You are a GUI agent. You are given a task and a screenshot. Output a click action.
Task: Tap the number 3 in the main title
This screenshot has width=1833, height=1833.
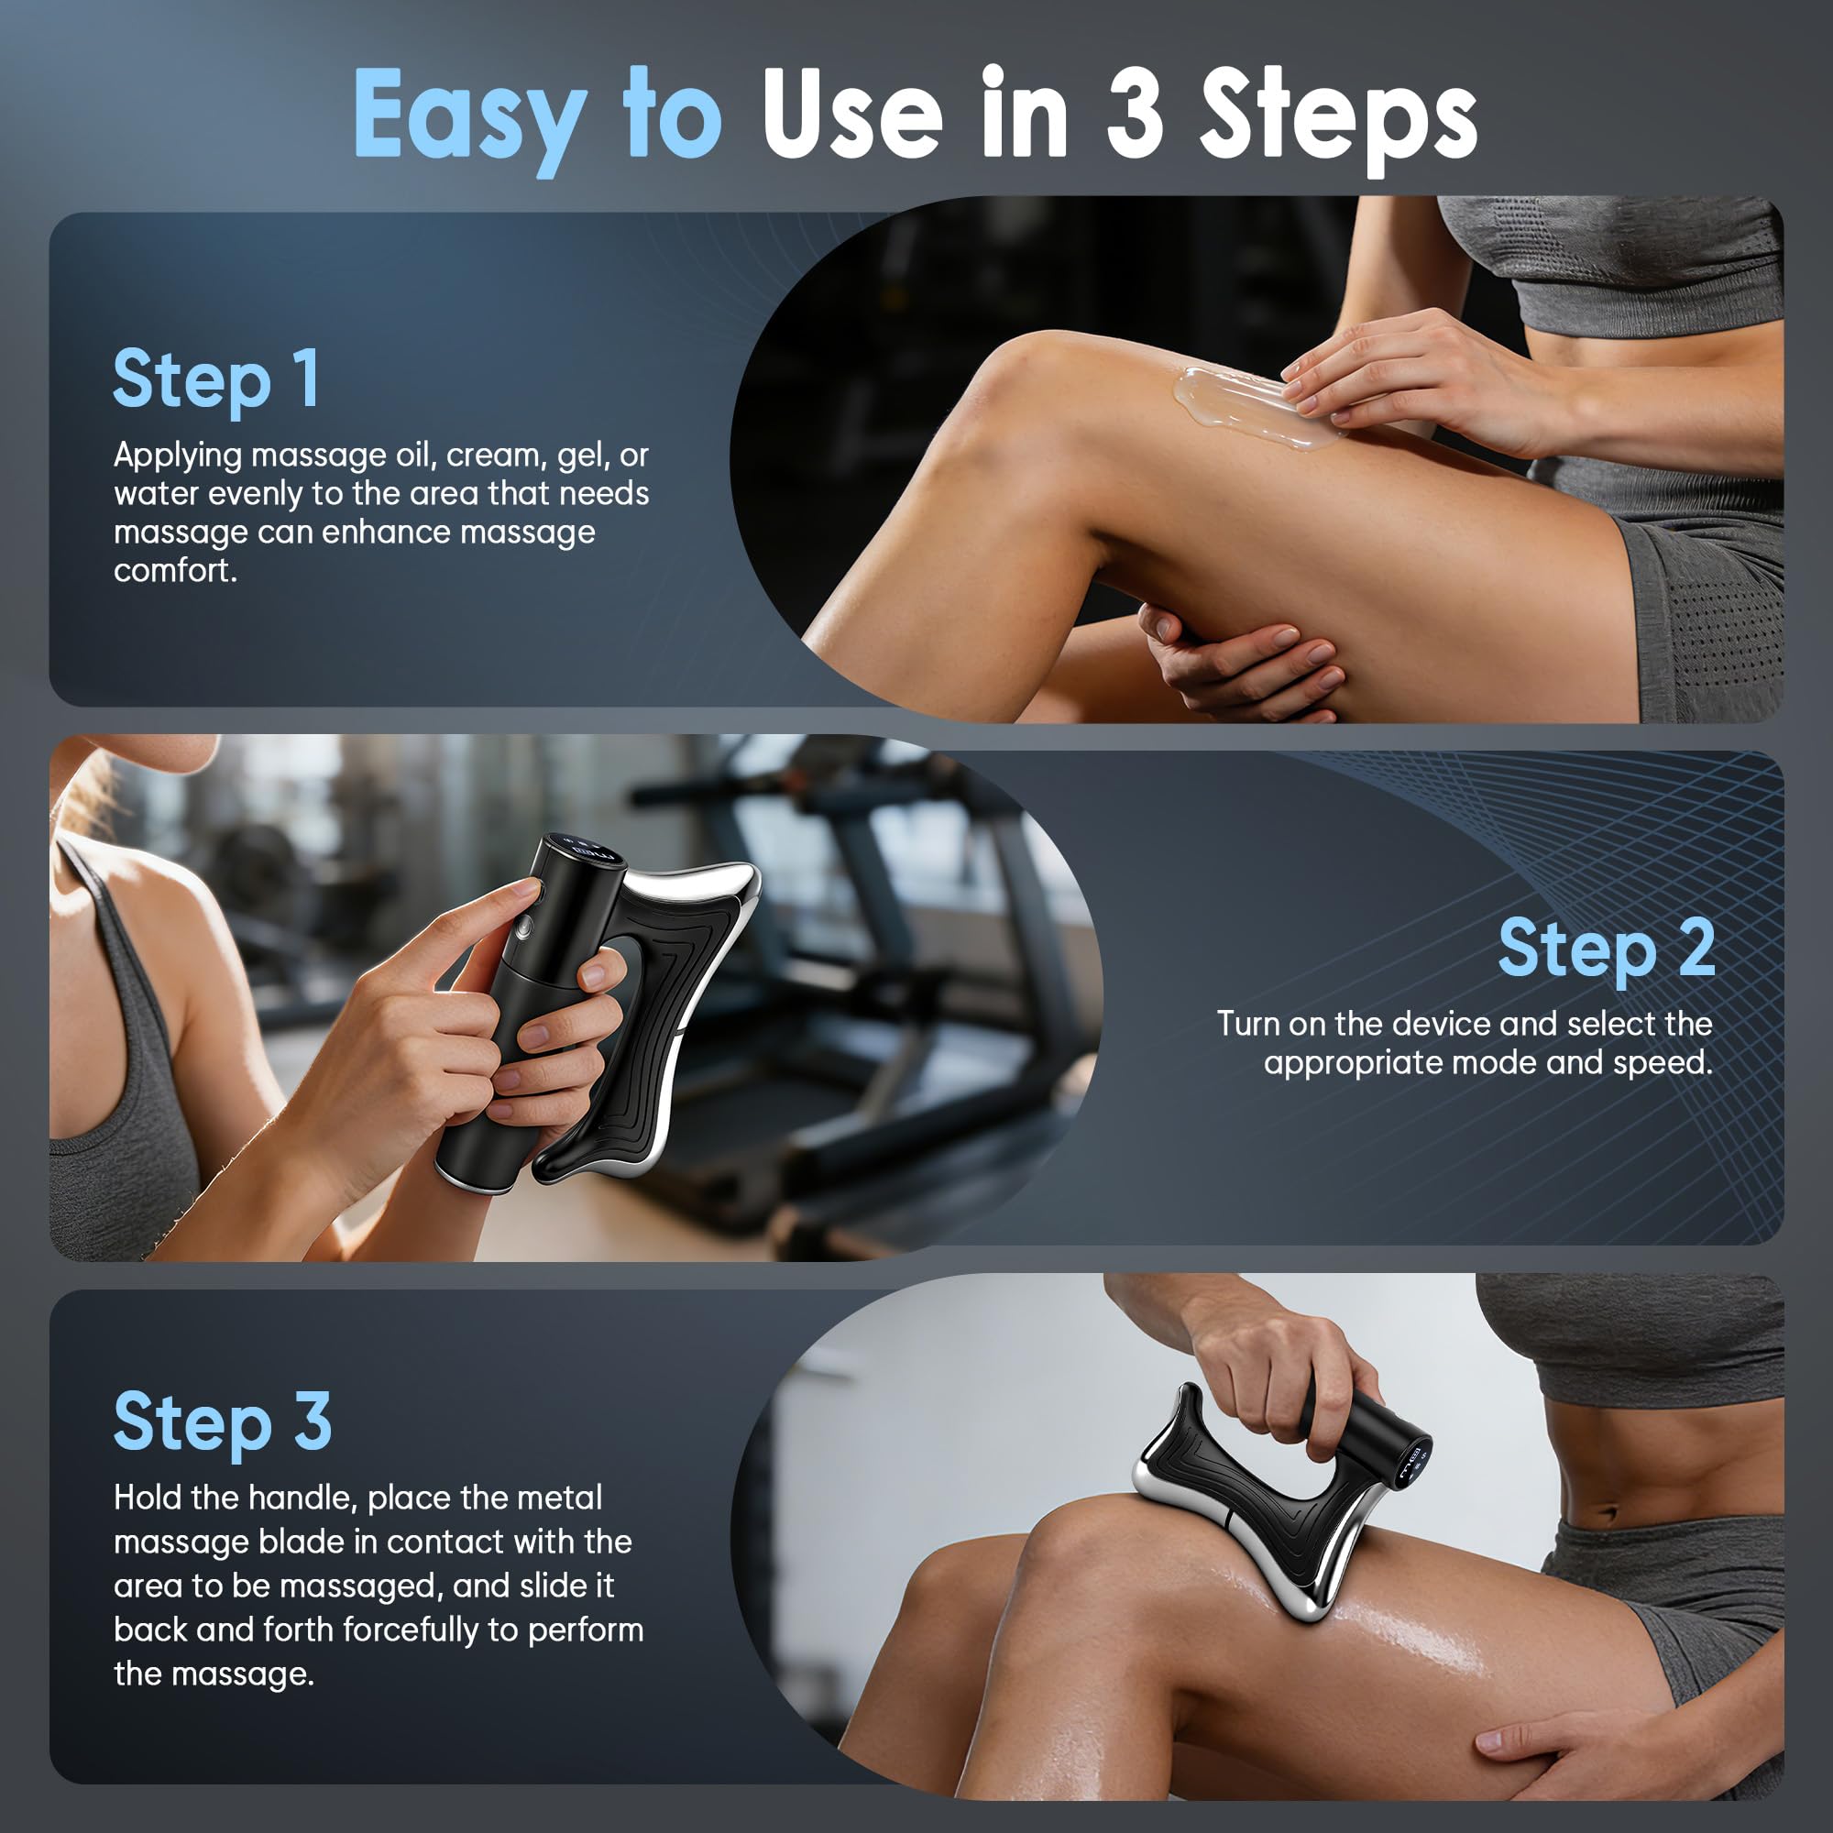tap(1135, 114)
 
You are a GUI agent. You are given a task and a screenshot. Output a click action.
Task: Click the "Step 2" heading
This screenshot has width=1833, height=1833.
tap(1608, 949)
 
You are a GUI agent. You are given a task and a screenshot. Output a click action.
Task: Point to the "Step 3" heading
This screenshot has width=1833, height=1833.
tap(223, 1423)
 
